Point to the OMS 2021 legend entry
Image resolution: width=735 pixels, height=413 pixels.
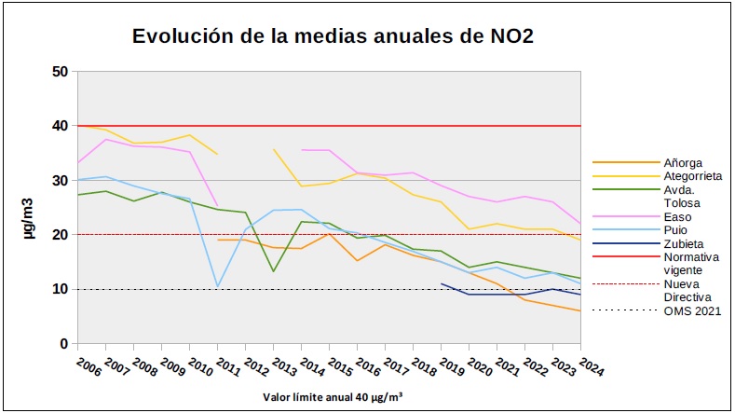point(692,311)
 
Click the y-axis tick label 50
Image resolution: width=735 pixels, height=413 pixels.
point(59,72)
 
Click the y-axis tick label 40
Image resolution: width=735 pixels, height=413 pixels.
point(59,126)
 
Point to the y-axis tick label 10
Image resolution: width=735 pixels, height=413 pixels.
point(59,289)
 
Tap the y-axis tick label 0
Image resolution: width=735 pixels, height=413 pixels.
point(62,344)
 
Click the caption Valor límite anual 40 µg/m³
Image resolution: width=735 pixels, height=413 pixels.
point(333,396)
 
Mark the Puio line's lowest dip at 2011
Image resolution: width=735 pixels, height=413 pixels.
point(218,286)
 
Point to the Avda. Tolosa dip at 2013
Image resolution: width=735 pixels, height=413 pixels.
point(274,271)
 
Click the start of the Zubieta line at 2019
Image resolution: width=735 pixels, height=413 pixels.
point(442,283)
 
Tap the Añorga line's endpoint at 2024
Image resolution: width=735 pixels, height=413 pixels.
point(581,310)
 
